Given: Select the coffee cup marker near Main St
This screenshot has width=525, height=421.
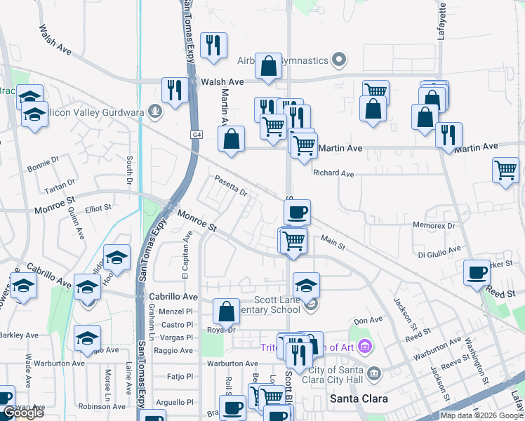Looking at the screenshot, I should [297, 211].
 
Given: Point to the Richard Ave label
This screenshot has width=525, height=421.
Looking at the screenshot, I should [333, 173].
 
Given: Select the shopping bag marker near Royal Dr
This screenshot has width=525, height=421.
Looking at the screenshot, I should [226, 312].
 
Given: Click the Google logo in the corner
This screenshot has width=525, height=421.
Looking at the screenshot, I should [23, 413].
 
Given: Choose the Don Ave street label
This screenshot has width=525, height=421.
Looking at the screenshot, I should [368, 320].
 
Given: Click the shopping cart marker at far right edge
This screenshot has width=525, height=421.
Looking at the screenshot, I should [506, 170].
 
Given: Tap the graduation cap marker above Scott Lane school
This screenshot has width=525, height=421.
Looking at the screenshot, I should [306, 285].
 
